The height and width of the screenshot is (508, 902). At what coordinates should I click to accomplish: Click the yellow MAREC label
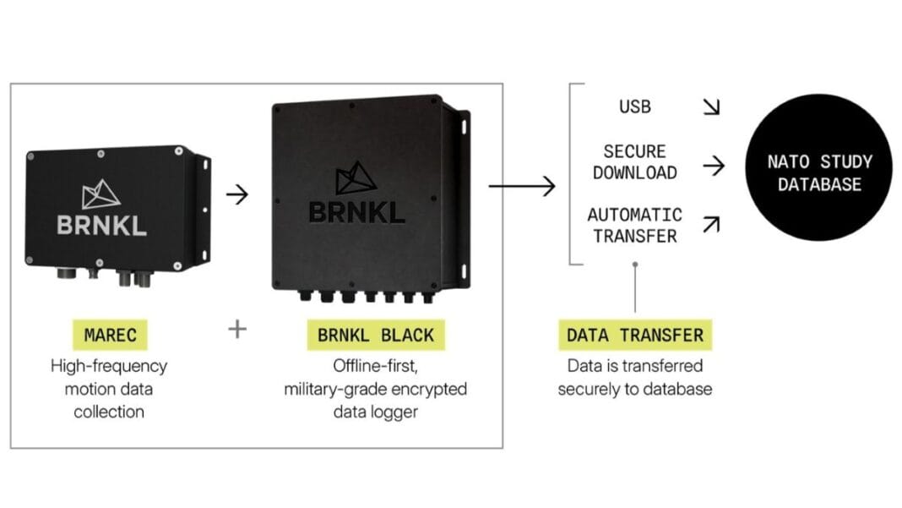(110, 335)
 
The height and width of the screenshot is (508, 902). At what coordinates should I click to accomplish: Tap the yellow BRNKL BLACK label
(376, 335)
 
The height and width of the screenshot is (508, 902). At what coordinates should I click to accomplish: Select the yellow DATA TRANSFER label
(635, 335)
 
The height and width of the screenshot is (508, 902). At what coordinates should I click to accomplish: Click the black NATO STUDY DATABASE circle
(819, 167)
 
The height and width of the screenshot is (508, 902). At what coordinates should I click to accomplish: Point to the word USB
(635, 107)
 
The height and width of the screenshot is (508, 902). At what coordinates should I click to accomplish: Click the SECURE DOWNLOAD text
(635, 161)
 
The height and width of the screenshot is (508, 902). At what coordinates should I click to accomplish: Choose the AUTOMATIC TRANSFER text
(635, 225)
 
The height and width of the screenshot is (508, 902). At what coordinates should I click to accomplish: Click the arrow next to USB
(712, 107)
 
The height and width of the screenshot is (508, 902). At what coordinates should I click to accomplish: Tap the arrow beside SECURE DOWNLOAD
(714, 166)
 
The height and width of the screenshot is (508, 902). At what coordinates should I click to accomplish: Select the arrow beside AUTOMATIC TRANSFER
(712, 224)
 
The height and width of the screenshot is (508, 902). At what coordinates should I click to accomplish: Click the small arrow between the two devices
(237, 194)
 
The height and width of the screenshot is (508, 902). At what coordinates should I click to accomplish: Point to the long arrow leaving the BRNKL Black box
(522, 186)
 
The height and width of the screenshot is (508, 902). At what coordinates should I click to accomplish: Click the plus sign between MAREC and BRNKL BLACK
(237, 330)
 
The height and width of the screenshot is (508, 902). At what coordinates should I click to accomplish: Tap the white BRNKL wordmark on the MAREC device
(102, 225)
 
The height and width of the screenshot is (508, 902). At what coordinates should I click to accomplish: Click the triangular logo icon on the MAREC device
(101, 194)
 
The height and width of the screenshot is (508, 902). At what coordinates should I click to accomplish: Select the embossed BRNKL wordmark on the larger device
(356, 212)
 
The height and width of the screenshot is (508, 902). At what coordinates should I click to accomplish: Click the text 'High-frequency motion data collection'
(109, 389)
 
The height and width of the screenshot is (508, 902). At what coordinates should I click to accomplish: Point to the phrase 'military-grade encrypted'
(376, 390)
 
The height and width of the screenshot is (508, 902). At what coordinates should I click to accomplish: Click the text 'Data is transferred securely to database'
(635, 377)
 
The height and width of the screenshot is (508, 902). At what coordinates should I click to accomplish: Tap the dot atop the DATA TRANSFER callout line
(635, 265)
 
